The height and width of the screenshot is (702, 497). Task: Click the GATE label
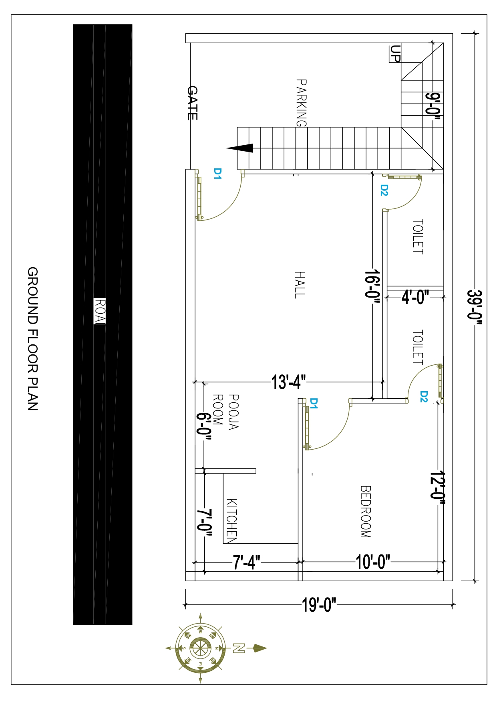tap(193, 103)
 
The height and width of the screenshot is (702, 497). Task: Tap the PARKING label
tap(301, 103)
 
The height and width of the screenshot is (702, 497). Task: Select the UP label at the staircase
tap(395, 54)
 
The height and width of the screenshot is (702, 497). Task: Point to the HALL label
tap(300, 285)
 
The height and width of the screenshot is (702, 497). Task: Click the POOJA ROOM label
tap(225, 412)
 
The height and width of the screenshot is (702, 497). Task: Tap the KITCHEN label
tap(232, 521)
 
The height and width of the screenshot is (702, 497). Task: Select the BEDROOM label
tap(366, 512)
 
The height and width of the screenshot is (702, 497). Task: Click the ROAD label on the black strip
tap(100, 311)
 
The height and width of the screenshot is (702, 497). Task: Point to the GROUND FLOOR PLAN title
tap(32, 339)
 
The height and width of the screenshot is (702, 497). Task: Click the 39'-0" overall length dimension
tap(475, 305)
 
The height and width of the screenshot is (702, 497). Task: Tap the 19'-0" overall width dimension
tap(319, 605)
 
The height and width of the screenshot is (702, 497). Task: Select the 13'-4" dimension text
tap(288, 382)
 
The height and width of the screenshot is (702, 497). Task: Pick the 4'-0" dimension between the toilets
tap(415, 297)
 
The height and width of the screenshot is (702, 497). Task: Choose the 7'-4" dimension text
tap(247, 562)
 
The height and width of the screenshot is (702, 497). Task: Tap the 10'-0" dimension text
tap(373, 562)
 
